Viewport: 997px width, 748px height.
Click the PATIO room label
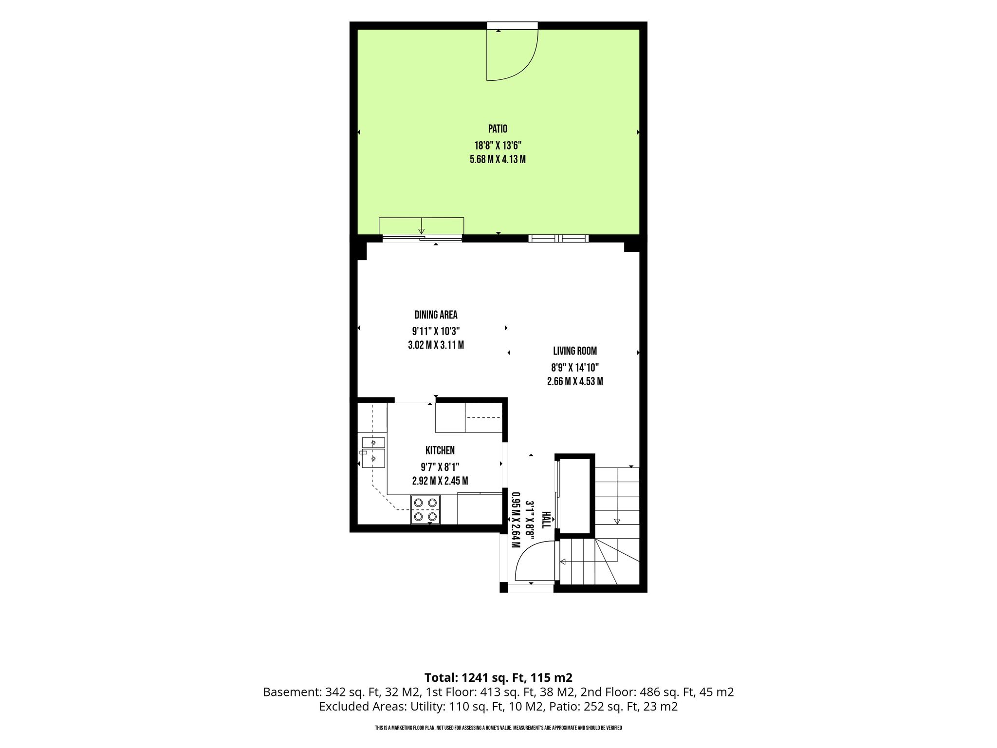pyautogui.click(x=498, y=129)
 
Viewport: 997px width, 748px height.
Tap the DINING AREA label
pyautogui.click(x=436, y=315)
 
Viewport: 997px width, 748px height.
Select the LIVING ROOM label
pyautogui.click(x=575, y=351)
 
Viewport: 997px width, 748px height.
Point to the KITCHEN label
pyautogui.click(x=440, y=450)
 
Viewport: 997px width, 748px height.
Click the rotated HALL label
pyautogui.click(x=546, y=520)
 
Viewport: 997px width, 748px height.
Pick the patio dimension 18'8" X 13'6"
pyautogui.click(x=498, y=145)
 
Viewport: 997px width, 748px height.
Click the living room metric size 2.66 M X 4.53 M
pyautogui.click(x=575, y=381)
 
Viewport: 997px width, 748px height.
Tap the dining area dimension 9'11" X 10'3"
pyautogui.click(x=436, y=331)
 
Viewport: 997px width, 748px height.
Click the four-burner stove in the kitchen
pyautogui.click(x=425, y=509)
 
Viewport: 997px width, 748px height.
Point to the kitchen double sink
pyautogui.click(x=373, y=452)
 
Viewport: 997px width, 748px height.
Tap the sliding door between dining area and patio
pyautogui.click(x=422, y=238)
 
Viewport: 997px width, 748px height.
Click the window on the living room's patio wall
pyautogui.click(x=558, y=238)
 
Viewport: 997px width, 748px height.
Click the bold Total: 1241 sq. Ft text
pyautogui.click(x=498, y=677)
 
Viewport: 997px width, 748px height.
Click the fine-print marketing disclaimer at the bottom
pyautogui.click(x=498, y=728)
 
